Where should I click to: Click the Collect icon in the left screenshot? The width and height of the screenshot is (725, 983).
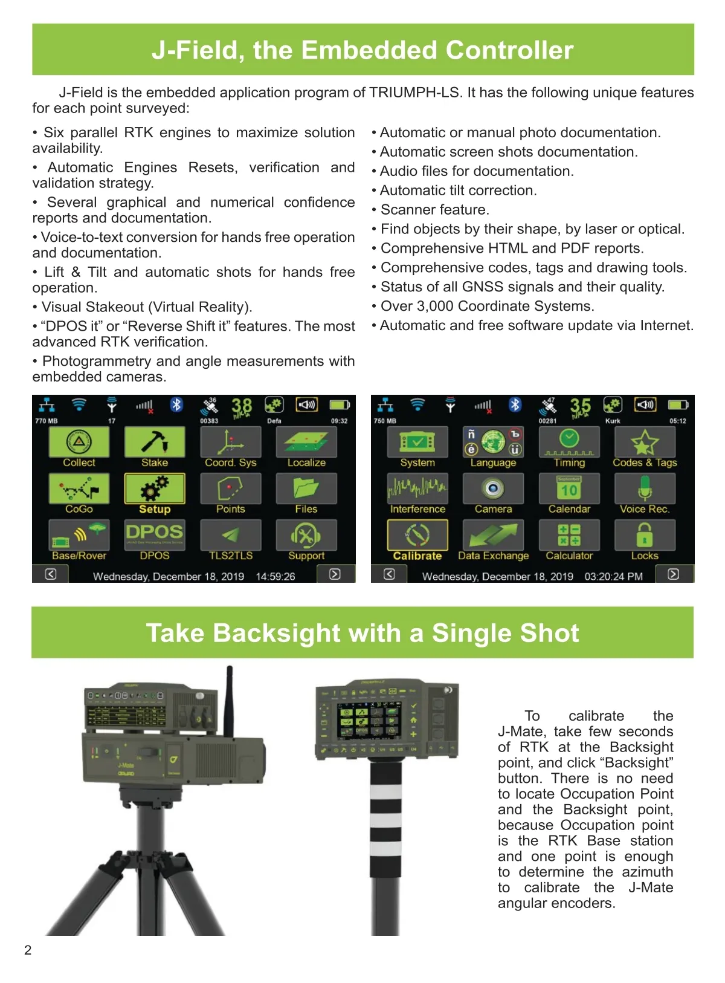point(79,443)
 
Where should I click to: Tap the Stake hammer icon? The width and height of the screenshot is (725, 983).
point(155,443)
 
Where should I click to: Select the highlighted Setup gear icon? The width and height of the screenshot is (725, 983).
point(155,488)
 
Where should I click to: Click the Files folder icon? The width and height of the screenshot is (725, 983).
point(306,488)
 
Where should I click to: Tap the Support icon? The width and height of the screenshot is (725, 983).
point(306,535)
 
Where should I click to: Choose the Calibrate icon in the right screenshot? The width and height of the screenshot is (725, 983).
point(417,535)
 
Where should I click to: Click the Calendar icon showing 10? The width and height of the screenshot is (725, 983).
point(569,488)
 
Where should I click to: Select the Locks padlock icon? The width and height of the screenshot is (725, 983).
point(645,535)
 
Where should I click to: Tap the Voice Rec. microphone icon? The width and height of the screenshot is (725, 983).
point(645,488)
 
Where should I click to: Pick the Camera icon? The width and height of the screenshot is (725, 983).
point(493,488)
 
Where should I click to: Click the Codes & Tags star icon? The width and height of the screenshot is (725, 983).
point(645,443)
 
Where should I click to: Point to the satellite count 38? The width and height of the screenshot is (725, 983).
point(242,406)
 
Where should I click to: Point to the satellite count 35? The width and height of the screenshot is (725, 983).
point(580,406)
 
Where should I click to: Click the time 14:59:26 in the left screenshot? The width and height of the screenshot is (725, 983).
point(275,577)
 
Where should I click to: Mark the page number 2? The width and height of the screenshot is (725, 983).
point(28,950)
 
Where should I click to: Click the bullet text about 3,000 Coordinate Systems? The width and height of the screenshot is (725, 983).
point(487,307)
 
